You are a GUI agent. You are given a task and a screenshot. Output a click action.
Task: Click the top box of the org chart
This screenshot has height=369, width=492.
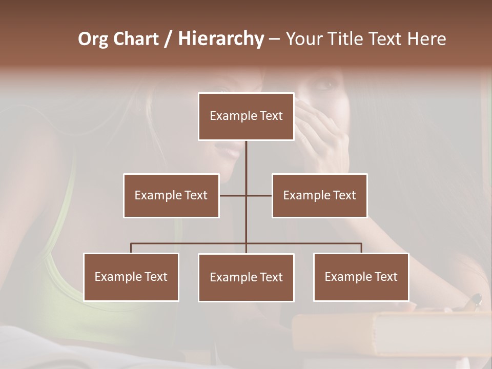pyautogui.click(x=246, y=116)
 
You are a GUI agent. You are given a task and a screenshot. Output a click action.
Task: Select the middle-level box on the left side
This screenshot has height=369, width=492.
pyautogui.click(x=171, y=195)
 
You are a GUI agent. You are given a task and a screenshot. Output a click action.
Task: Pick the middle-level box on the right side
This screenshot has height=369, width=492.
pyautogui.click(x=319, y=195)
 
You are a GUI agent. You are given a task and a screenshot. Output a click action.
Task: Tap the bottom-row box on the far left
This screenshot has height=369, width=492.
pyautogui.click(x=131, y=277)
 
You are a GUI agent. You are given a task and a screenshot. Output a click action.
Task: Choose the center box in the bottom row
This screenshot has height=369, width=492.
pyautogui.click(x=246, y=277)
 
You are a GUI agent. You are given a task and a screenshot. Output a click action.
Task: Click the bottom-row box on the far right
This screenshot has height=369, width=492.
pyautogui.click(x=361, y=277)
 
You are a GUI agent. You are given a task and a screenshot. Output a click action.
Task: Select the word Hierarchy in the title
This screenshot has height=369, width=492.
pyautogui.click(x=220, y=39)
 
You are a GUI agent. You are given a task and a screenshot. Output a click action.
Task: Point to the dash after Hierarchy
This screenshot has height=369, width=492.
pyautogui.click(x=274, y=39)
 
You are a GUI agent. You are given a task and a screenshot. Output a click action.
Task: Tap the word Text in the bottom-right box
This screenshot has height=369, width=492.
pyautogui.click(x=386, y=277)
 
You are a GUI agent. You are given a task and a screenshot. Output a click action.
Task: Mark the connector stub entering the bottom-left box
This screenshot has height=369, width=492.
pyautogui.click(x=131, y=248)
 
